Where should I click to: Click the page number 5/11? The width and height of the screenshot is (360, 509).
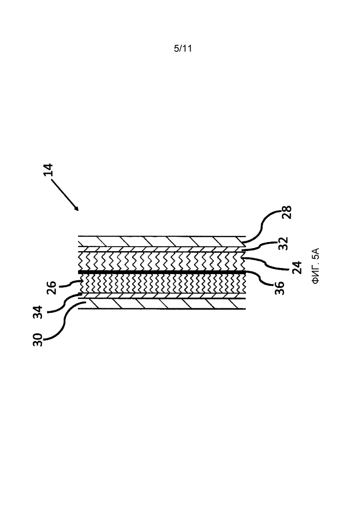(x=182, y=49)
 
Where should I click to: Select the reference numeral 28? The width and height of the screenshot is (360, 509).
(x=287, y=211)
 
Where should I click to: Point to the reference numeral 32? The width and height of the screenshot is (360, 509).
(x=284, y=244)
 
